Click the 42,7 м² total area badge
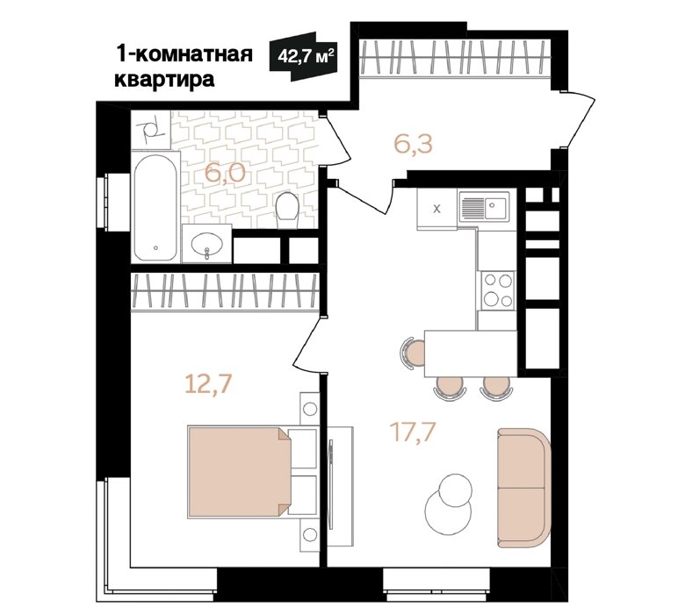pyautogui.click(x=304, y=56)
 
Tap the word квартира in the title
pyautogui.click(x=164, y=80)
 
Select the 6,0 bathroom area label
pyautogui.click(x=226, y=174)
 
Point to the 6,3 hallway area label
pyautogui.click(x=413, y=145)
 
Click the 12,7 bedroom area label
pyautogui.click(x=207, y=384)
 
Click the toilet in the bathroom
pyautogui.click(x=287, y=210)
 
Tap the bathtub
pyautogui.click(x=156, y=207)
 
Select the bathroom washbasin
pyautogui.click(x=206, y=244)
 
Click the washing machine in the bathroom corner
pyautogui.click(x=151, y=129)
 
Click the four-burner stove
pyautogui.click(x=498, y=290)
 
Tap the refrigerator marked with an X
pyautogui.click(x=436, y=209)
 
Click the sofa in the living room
pyautogui.click(x=523, y=488)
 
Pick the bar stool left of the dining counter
pyautogui.click(x=413, y=353)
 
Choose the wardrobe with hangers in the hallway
pyautogui.click(x=454, y=59)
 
